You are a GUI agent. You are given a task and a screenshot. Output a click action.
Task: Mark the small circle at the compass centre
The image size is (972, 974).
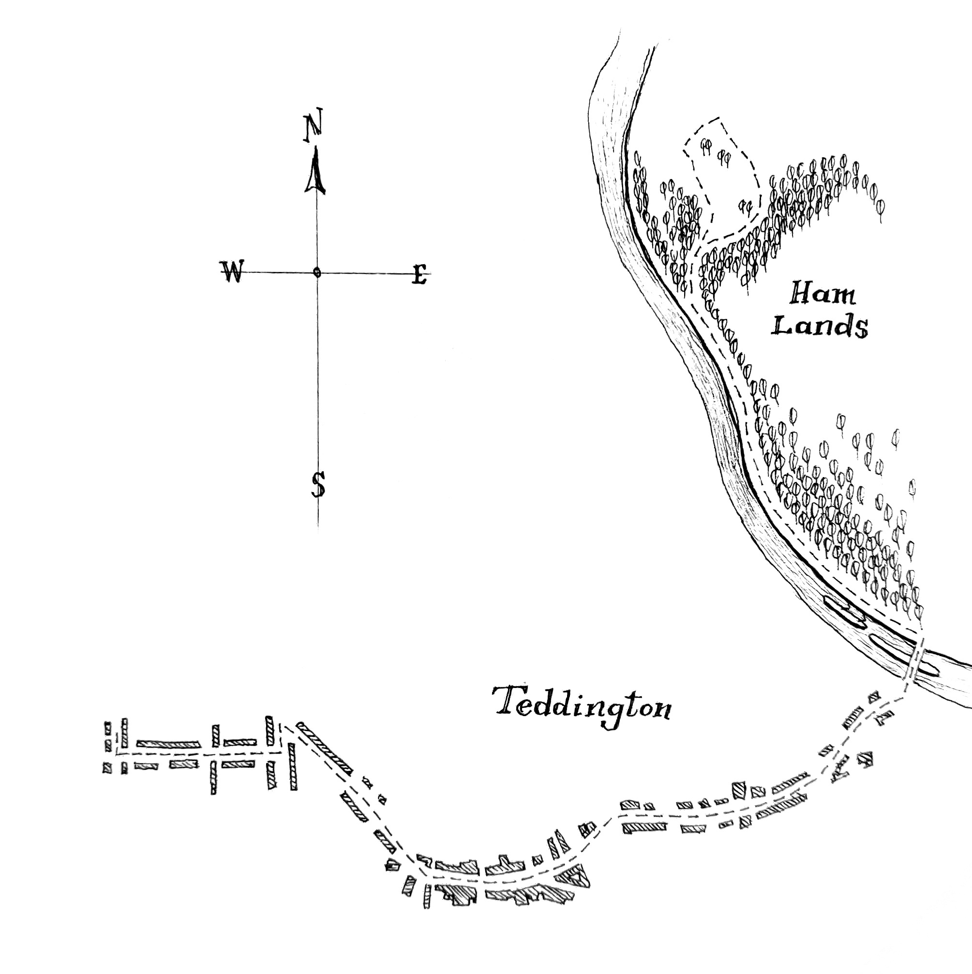(x=316, y=273)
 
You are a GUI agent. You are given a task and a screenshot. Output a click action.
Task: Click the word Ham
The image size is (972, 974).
(x=822, y=293)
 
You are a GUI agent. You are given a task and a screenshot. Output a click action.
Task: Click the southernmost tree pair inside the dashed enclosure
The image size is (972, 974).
(x=745, y=206)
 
